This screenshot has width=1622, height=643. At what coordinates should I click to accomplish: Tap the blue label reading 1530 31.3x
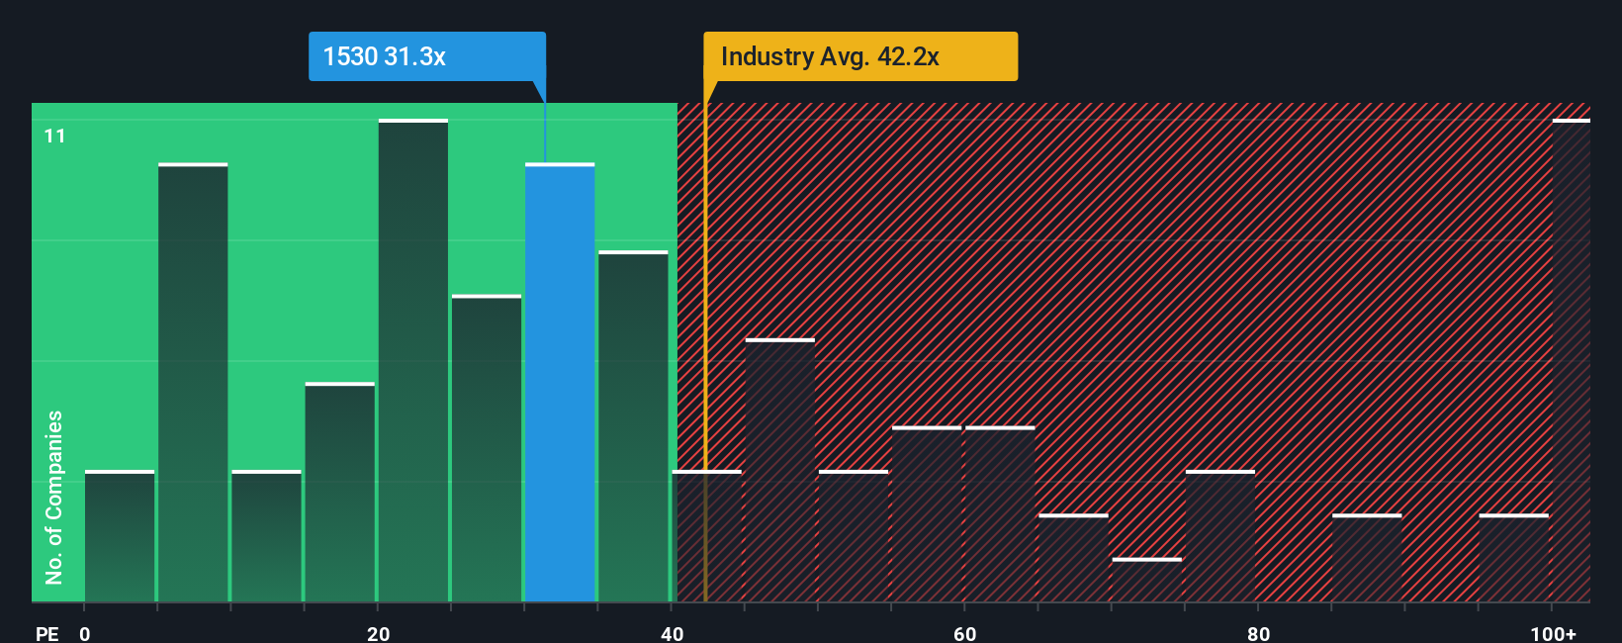click(426, 56)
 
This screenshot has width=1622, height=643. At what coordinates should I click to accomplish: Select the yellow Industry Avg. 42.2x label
click(859, 56)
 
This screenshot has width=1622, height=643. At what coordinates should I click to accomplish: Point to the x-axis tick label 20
click(378, 633)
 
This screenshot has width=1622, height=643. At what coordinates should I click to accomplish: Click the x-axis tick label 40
click(672, 633)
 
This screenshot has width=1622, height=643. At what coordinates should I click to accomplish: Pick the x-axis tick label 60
click(964, 633)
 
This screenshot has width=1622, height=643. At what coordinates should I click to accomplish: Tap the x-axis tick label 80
click(1258, 633)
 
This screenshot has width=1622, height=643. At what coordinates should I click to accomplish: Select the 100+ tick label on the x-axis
click(1553, 633)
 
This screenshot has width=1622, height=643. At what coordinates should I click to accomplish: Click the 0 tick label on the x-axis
click(85, 633)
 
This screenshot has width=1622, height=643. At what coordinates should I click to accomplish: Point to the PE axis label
click(46, 633)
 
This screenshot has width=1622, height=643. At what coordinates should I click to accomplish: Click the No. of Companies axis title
click(54, 497)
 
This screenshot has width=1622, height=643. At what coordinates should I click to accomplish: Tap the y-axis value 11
click(54, 136)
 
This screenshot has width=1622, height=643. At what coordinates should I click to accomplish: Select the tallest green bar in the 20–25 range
click(413, 361)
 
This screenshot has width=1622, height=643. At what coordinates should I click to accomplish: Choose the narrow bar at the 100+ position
click(1571, 361)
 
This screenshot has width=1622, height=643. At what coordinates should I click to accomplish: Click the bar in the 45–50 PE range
click(780, 471)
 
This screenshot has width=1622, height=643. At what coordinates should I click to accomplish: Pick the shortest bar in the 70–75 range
click(1146, 581)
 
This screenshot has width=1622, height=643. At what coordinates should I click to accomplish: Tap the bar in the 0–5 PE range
click(120, 536)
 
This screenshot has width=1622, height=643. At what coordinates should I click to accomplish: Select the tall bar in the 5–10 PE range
click(193, 383)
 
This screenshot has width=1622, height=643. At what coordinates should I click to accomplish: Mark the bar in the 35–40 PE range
click(633, 426)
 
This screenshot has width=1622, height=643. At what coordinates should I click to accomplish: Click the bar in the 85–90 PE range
click(1367, 558)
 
